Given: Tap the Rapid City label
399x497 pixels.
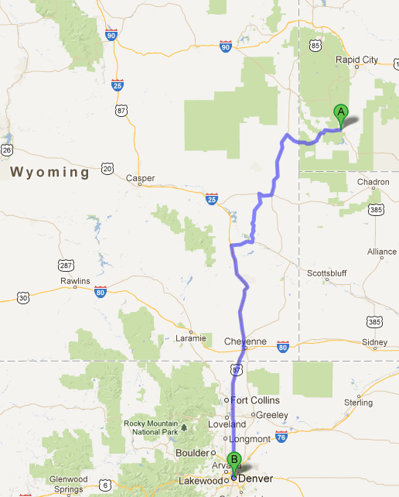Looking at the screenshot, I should [x=356, y=60].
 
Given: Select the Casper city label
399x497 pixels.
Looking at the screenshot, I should [x=141, y=178].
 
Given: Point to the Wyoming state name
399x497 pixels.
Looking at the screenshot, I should [x=50, y=173].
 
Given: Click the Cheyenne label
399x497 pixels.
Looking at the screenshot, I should [x=244, y=341].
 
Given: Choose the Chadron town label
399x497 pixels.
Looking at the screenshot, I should [x=373, y=182].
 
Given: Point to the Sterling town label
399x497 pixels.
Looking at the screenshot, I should [x=358, y=403].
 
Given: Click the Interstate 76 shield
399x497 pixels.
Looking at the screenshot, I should [x=281, y=437].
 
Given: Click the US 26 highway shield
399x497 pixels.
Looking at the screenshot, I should [x=6, y=149].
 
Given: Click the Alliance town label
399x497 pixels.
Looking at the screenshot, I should [x=382, y=252].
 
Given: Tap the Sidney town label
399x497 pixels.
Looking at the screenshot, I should [x=375, y=341].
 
